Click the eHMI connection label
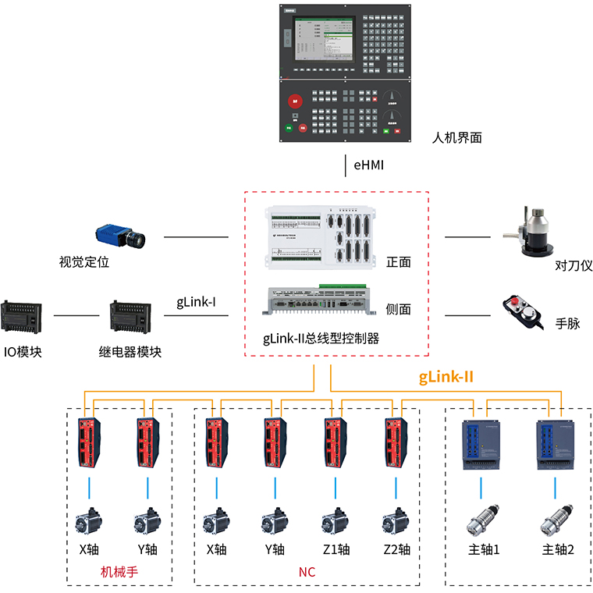369,165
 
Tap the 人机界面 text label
457,138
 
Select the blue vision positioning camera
118,235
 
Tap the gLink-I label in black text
196,302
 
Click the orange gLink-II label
446,377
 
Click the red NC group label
307,572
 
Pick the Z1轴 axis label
336,549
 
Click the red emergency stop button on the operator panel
296,101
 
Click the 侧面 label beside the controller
398,309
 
